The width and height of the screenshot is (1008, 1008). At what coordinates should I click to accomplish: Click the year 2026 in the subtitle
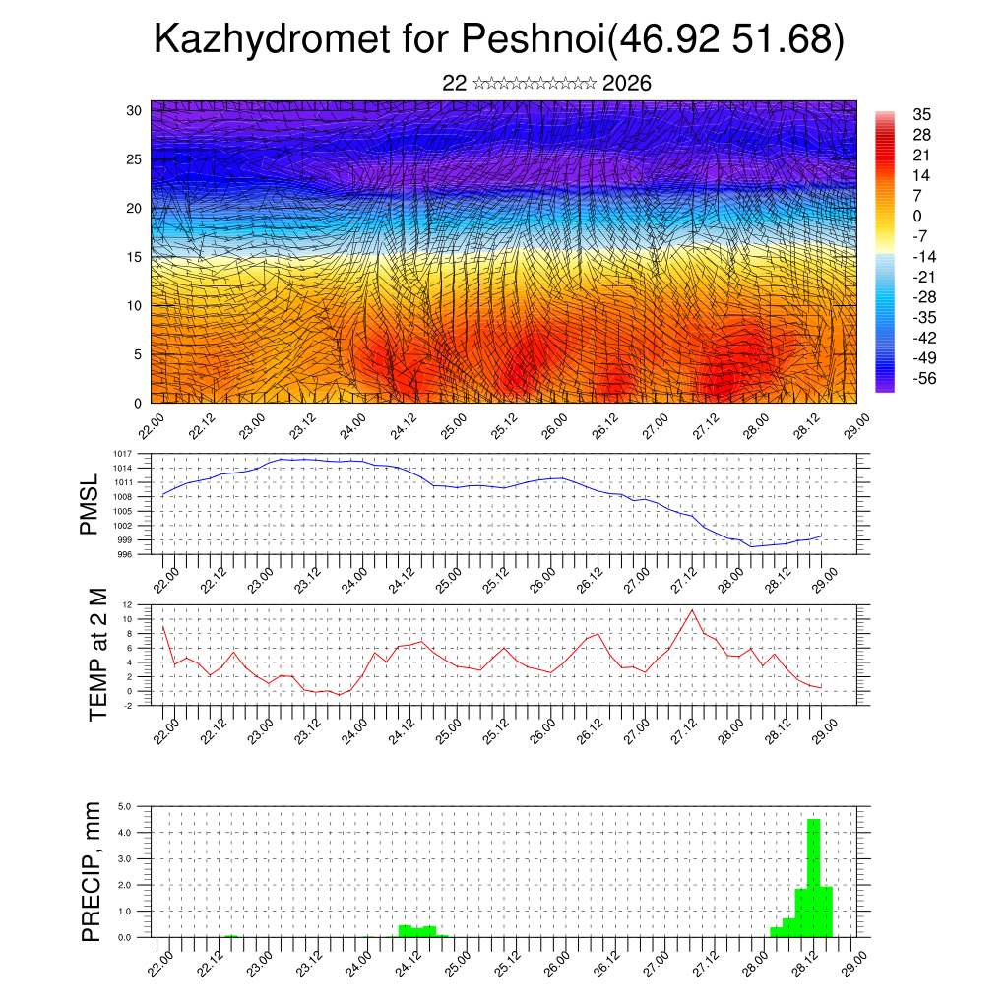pyautogui.click(x=626, y=84)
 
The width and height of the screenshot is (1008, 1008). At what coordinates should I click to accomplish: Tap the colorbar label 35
pyautogui.click(x=922, y=114)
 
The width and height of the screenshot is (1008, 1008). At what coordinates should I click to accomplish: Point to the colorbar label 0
pyautogui.click(x=917, y=216)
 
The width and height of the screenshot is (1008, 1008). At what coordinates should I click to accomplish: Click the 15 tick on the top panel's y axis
pyautogui.click(x=135, y=257)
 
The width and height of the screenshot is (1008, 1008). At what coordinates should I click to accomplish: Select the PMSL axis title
pyautogui.click(x=90, y=504)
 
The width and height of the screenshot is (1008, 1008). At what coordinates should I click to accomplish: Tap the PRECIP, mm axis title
pyautogui.click(x=92, y=871)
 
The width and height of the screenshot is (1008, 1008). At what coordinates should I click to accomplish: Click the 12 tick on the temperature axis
pyautogui.click(x=127, y=604)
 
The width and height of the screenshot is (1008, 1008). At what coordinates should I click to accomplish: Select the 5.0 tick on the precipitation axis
pyautogui.click(x=125, y=806)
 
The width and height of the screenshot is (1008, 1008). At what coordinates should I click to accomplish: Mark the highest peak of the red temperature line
pyautogui.click(x=692, y=610)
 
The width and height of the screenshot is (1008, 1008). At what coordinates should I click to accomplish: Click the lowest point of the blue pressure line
pyautogui.click(x=751, y=546)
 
